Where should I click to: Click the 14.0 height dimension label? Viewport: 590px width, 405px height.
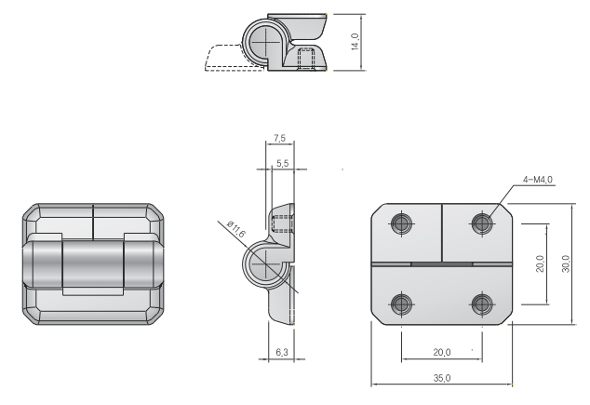[x=355, y=41]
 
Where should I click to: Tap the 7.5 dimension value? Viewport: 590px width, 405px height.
[x=279, y=138]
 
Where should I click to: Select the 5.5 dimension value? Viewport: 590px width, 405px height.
[x=282, y=163]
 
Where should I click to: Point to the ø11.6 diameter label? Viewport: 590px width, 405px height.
[x=236, y=229]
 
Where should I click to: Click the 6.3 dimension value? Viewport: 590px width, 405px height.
[x=281, y=352]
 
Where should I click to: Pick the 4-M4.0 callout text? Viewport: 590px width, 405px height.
[x=538, y=180]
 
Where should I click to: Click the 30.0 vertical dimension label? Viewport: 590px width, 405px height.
[x=566, y=263]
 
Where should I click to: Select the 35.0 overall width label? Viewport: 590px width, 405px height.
[x=442, y=378]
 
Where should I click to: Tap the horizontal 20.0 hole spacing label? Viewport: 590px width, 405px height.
[x=442, y=352]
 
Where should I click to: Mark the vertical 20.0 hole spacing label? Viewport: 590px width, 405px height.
[x=540, y=263]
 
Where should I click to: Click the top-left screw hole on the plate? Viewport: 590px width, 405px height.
[x=401, y=223]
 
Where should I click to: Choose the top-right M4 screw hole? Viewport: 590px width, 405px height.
[x=482, y=223]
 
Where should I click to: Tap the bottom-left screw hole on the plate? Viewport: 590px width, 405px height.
[x=401, y=304]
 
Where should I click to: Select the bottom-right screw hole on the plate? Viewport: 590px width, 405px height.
[x=482, y=304]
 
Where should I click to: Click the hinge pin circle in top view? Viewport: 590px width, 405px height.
[x=265, y=41]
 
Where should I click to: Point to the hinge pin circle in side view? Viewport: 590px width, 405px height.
[x=265, y=264]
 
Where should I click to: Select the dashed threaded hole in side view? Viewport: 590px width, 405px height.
[x=282, y=224]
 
